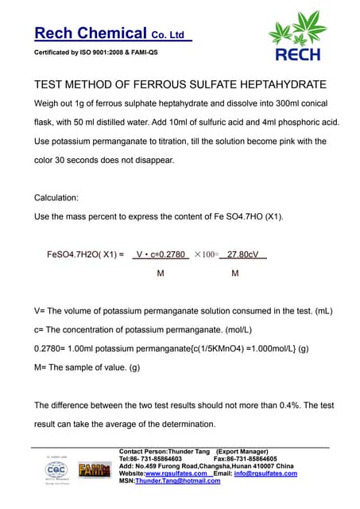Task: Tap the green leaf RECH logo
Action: [x=297, y=41]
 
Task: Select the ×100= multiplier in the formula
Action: [x=206, y=255]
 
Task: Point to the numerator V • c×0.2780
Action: [x=160, y=255]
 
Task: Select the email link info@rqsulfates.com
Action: [x=266, y=473]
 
